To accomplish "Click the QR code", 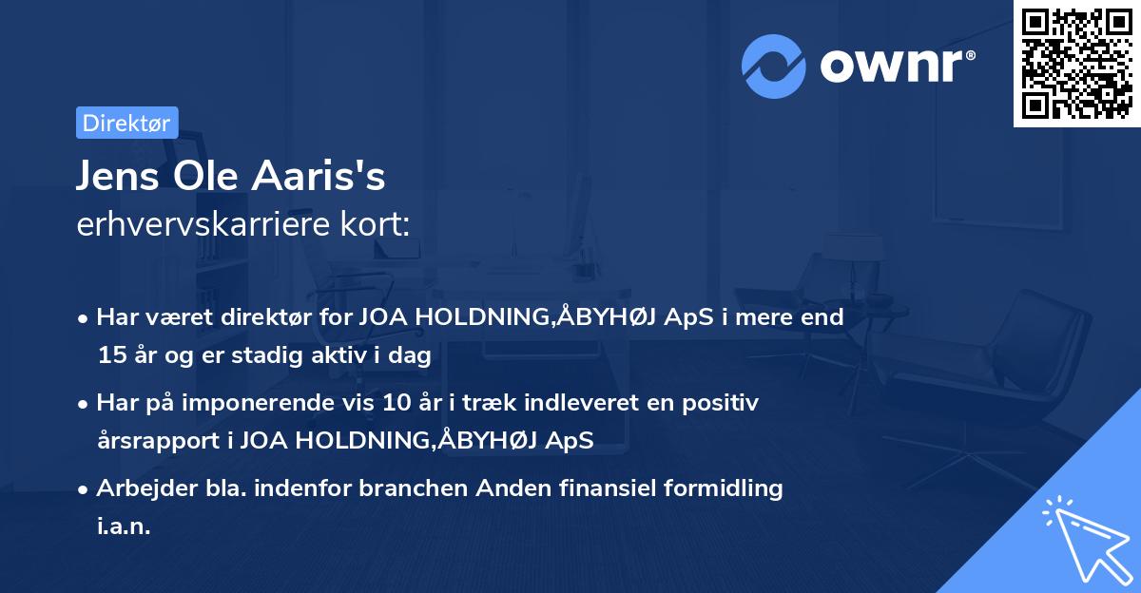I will (1077, 63).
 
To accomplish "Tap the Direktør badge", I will (126, 123).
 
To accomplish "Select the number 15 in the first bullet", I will (109, 356).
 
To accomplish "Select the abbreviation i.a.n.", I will (124, 526).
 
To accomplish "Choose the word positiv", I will (725, 403).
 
